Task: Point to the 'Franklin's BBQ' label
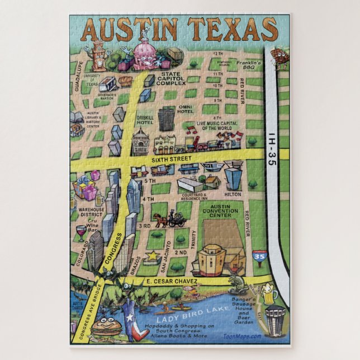pos(248,67)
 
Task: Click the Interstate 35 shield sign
pos(259,257)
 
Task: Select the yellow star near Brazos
pos(151,256)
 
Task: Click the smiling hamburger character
pos(106,326)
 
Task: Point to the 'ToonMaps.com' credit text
pos(241,336)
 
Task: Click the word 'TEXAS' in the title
pos(232,29)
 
